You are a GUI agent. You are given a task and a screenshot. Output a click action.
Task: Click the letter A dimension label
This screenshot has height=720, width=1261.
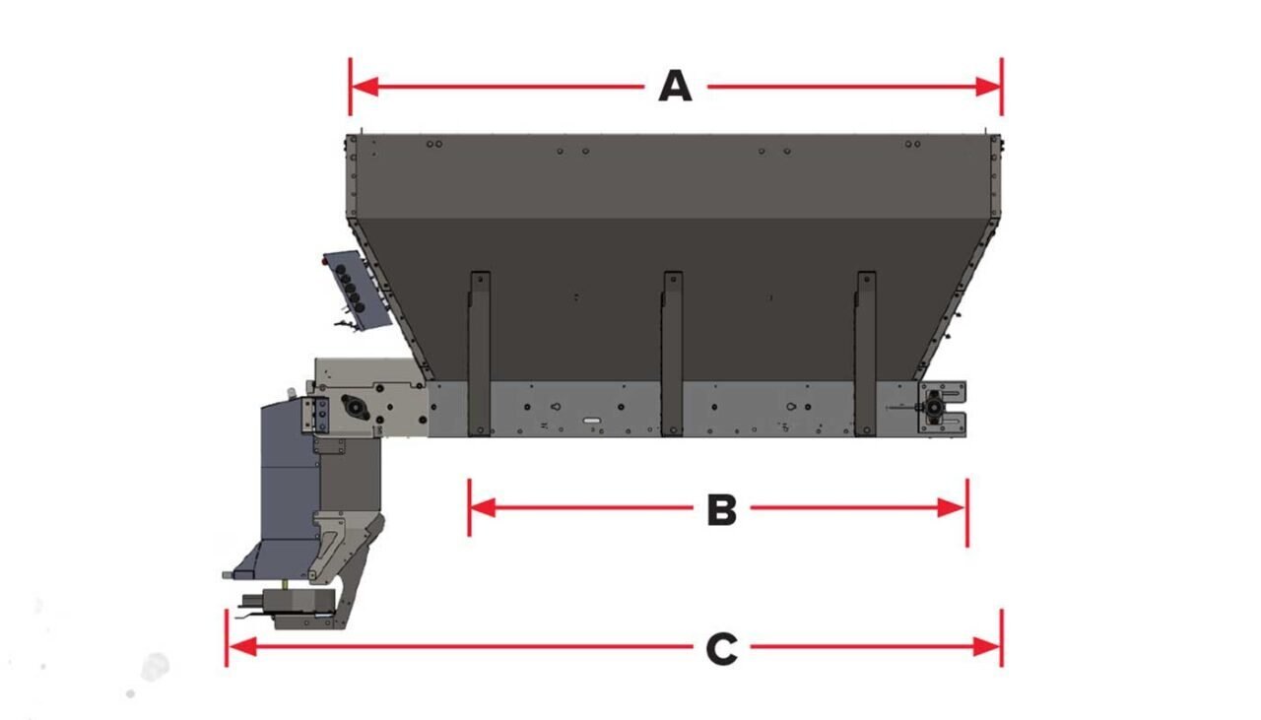(x=675, y=87)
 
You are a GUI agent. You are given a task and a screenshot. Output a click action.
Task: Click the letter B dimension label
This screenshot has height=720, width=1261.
(x=721, y=509)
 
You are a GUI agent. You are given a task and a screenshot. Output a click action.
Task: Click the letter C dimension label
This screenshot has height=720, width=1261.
(x=721, y=648)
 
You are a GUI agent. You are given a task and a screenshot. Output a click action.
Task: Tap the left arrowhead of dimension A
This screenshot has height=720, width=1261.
(x=365, y=87)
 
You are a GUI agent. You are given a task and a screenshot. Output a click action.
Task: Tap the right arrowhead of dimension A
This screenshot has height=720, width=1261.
(x=988, y=87)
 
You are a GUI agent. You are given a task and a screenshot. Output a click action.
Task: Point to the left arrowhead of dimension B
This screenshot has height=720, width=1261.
(x=482, y=508)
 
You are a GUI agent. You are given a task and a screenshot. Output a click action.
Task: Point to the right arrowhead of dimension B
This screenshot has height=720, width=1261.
(x=954, y=508)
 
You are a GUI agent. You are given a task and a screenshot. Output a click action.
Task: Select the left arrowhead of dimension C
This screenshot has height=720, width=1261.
(x=241, y=647)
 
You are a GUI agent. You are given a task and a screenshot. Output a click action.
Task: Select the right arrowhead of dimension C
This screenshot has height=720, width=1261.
(x=988, y=647)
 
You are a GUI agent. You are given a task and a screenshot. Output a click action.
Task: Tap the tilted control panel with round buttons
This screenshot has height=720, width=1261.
(x=357, y=288)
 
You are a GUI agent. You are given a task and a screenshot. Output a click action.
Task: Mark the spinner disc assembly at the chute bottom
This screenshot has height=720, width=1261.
(x=296, y=608)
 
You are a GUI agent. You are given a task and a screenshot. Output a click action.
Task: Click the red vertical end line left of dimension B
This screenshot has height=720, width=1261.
(x=469, y=507)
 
